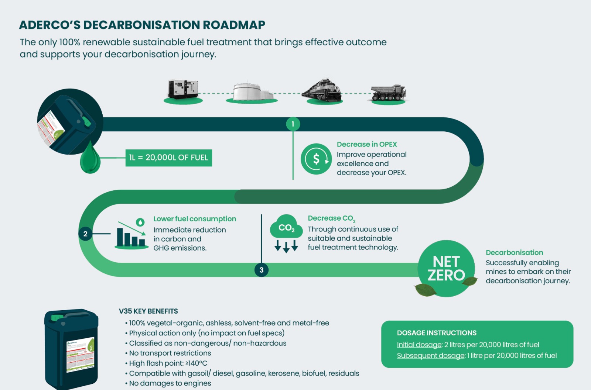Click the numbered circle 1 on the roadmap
point(293,124)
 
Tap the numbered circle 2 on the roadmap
point(85,234)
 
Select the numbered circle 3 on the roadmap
point(262,270)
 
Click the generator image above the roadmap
point(183,89)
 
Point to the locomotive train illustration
point(322,91)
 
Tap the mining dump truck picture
point(388,93)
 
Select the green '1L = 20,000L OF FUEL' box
point(169,158)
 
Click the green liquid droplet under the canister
point(90,159)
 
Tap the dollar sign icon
point(316,159)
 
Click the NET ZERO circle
point(446,268)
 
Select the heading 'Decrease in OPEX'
point(367,144)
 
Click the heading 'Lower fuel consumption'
point(195,219)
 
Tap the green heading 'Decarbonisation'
point(514,252)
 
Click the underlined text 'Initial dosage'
point(419,345)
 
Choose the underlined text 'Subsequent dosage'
point(431,356)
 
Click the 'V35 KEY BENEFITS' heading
point(148,311)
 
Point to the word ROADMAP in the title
point(234,25)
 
